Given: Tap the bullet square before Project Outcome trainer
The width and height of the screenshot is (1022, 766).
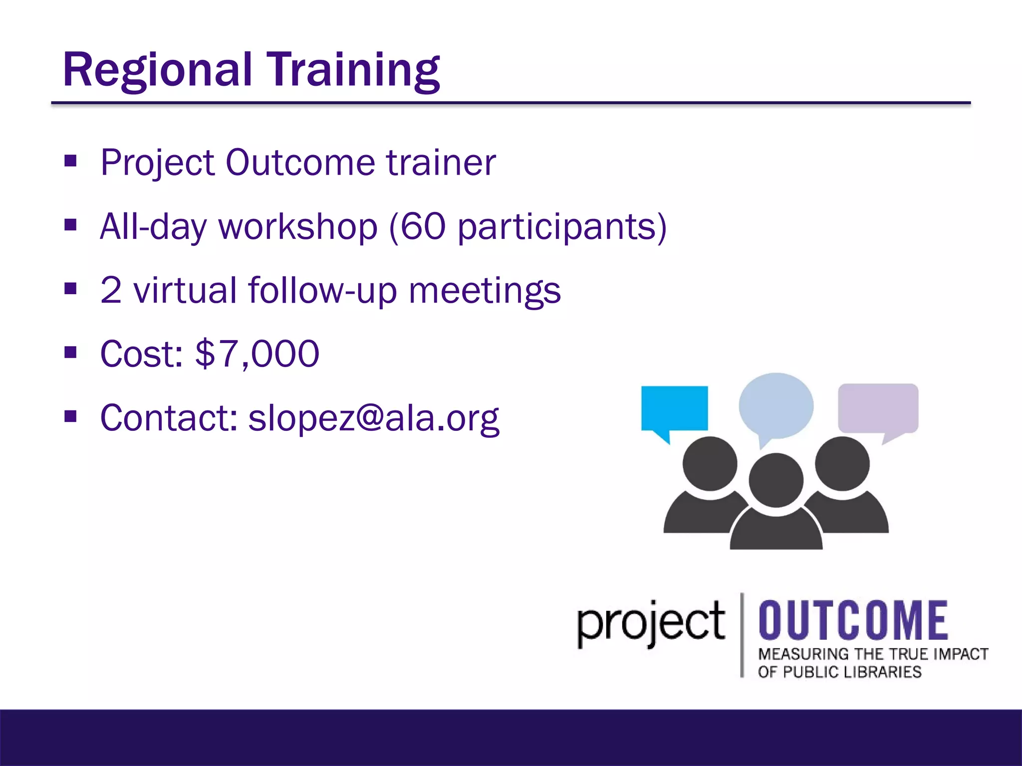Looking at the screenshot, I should (70, 161).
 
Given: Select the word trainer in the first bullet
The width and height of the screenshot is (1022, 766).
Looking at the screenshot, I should (441, 163).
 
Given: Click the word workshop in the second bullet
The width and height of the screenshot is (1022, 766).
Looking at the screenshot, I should (298, 227).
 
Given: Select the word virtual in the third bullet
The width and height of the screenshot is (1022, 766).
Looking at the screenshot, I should (185, 290).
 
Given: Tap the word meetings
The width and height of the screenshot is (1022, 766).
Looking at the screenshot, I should (485, 291).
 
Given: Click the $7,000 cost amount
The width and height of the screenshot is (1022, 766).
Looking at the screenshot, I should (257, 354).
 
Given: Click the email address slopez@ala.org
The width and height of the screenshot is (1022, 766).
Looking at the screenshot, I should (374, 418).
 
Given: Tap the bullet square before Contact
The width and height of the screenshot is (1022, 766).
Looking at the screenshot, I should (70, 416).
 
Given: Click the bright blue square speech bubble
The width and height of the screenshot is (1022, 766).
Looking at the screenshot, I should (674, 408).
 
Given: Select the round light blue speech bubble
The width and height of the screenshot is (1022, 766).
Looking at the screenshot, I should (776, 405).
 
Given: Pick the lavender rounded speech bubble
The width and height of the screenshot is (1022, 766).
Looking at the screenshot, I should (878, 408).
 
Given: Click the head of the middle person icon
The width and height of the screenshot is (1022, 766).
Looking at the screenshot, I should (776, 480).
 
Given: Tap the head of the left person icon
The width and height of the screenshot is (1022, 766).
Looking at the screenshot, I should (710, 463).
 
